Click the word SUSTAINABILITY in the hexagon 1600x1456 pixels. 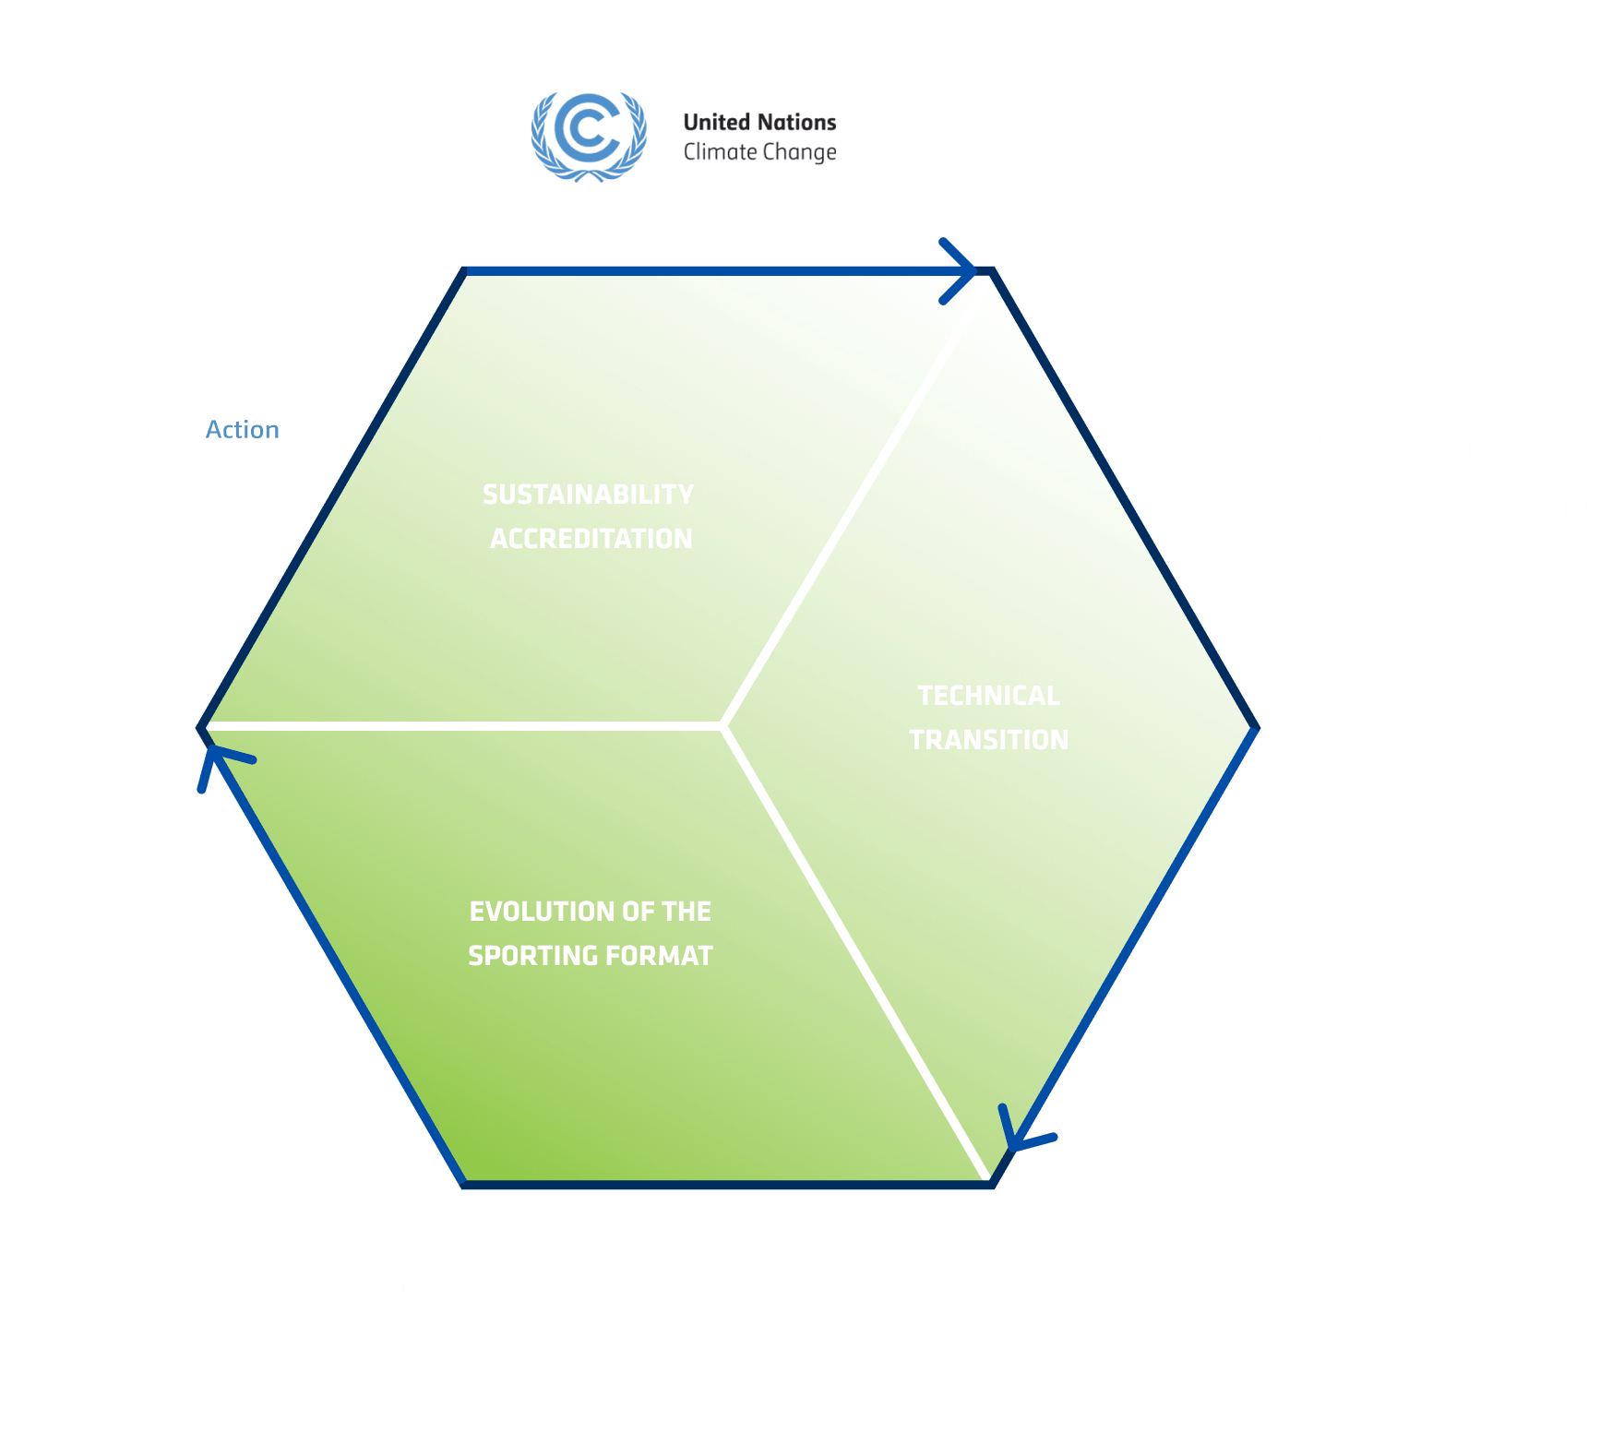coord(588,495)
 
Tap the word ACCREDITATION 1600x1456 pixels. coord(591,539)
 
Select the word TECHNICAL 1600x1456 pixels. coord(988,696)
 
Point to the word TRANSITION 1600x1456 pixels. coord(988,740)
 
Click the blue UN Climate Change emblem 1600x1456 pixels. coord(589,135)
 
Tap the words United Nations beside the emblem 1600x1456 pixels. coord(759,122)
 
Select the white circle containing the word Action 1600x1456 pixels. coord(243,430)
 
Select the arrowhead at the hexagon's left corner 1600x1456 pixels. coord(217,762)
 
